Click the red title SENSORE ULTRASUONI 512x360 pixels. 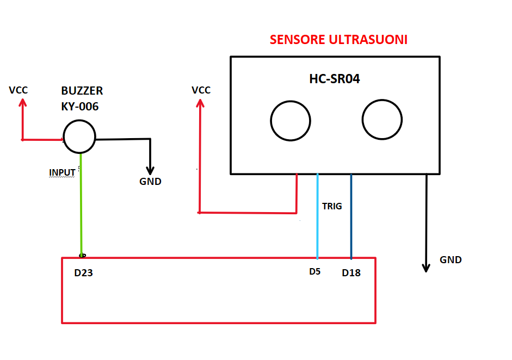[x=339, y=40]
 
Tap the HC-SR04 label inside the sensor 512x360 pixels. [x=335, y=79]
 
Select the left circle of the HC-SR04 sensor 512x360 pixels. [x=291, y=121]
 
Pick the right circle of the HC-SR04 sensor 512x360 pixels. [x=382, y=120]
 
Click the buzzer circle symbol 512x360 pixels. [x=79, y=137]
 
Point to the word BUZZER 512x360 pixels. [x=82, y=91]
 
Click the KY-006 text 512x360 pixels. [x=80, y=107]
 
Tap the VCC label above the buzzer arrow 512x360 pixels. [x=18, y=90]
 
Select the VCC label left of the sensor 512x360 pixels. [x=201, y=90]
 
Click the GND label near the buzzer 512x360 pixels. [x=150, y=182]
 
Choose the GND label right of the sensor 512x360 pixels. [x=451, y=260]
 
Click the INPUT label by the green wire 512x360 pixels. [x=62, y=172]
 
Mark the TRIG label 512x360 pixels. [x=332, y=207]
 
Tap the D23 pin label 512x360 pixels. [x=84, y=273]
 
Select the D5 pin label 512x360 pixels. [x=314, y=271]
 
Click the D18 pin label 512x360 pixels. [x=351, y=273]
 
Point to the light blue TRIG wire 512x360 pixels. [x=317, y=228]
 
